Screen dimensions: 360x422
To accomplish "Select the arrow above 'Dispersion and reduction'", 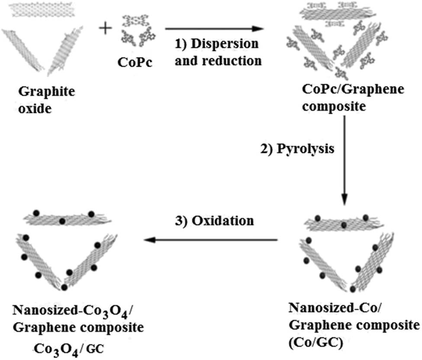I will pos(214,29).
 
